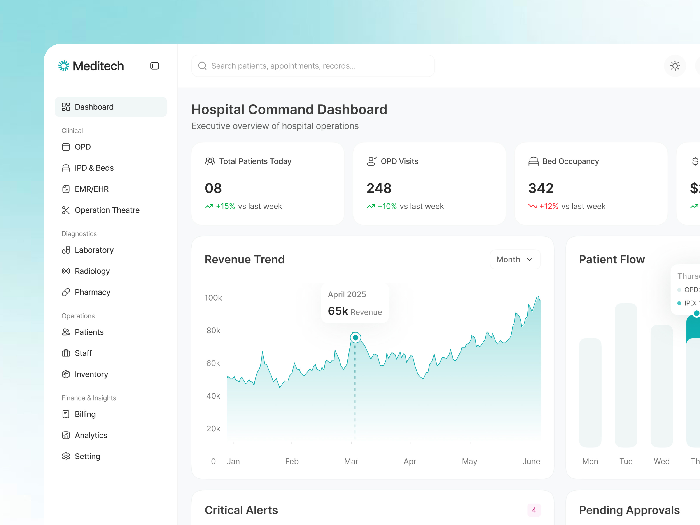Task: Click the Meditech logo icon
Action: (x=64, y=66)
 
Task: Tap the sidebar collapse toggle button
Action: (x=154, y=66)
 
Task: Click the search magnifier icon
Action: (x=202, y=66)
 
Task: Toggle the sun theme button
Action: (x=675, y=66)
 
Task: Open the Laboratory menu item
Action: (x=94, y=250)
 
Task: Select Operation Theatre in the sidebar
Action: (x=107, y=210)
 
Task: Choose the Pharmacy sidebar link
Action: (x=92, y=292)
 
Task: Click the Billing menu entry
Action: (x=85, y=414)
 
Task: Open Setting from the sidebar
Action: (x=87, y=456)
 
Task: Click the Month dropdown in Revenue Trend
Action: (x=514, y=259)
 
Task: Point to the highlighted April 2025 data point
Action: (x=355, y=338)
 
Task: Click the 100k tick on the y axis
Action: (x=213, y=298)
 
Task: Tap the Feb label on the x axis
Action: (x=292, y=461)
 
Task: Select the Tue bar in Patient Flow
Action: (x=626, y=375)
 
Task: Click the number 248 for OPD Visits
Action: (x=379, y=188)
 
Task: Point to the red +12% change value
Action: (x=549, y=206)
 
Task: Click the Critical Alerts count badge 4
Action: (x=534, y=510)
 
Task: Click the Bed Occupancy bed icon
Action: (x=533, y=161)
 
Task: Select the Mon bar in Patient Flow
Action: (x=590, y=392)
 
